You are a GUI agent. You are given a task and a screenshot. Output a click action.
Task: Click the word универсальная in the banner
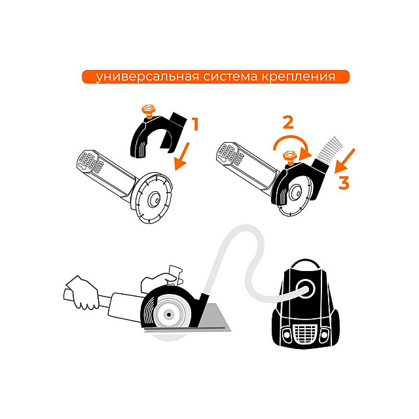click(147, 77)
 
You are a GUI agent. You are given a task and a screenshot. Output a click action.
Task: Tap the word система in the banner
click(230, 77)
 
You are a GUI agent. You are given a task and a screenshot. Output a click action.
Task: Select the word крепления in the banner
click(298, 77)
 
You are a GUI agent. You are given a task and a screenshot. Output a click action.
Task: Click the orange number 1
click(196, 124)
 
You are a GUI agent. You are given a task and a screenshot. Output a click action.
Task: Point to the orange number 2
click(288, 123)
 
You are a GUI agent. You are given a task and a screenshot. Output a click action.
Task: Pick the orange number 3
click(344, 183)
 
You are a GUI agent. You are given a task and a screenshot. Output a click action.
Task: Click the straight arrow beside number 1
click(182, 156)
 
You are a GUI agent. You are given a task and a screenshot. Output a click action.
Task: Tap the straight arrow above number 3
click(345, 161)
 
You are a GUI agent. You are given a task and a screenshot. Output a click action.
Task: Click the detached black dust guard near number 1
click(158, 134)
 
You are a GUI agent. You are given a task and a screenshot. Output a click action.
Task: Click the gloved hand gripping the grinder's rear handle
click(83, 293)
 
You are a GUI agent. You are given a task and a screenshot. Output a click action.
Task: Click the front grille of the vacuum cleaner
click(305, 333)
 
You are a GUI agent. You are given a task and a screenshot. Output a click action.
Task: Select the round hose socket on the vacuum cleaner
click(306, 289)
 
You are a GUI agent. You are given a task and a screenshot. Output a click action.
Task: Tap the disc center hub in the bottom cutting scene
click(168, 315)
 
